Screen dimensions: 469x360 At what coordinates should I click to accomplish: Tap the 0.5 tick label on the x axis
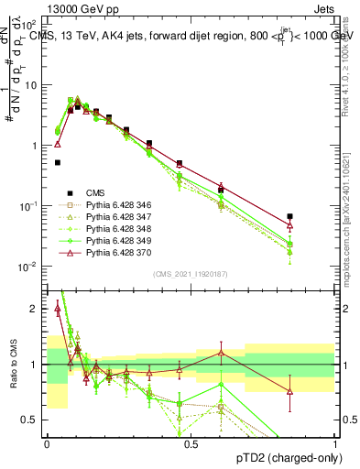point(191,442)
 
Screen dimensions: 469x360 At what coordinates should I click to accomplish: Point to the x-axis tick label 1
point(335,442)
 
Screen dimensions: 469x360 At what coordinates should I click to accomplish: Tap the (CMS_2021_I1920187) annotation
point(191,274)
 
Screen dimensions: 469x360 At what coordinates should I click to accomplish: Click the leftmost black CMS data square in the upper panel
point(58,162)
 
